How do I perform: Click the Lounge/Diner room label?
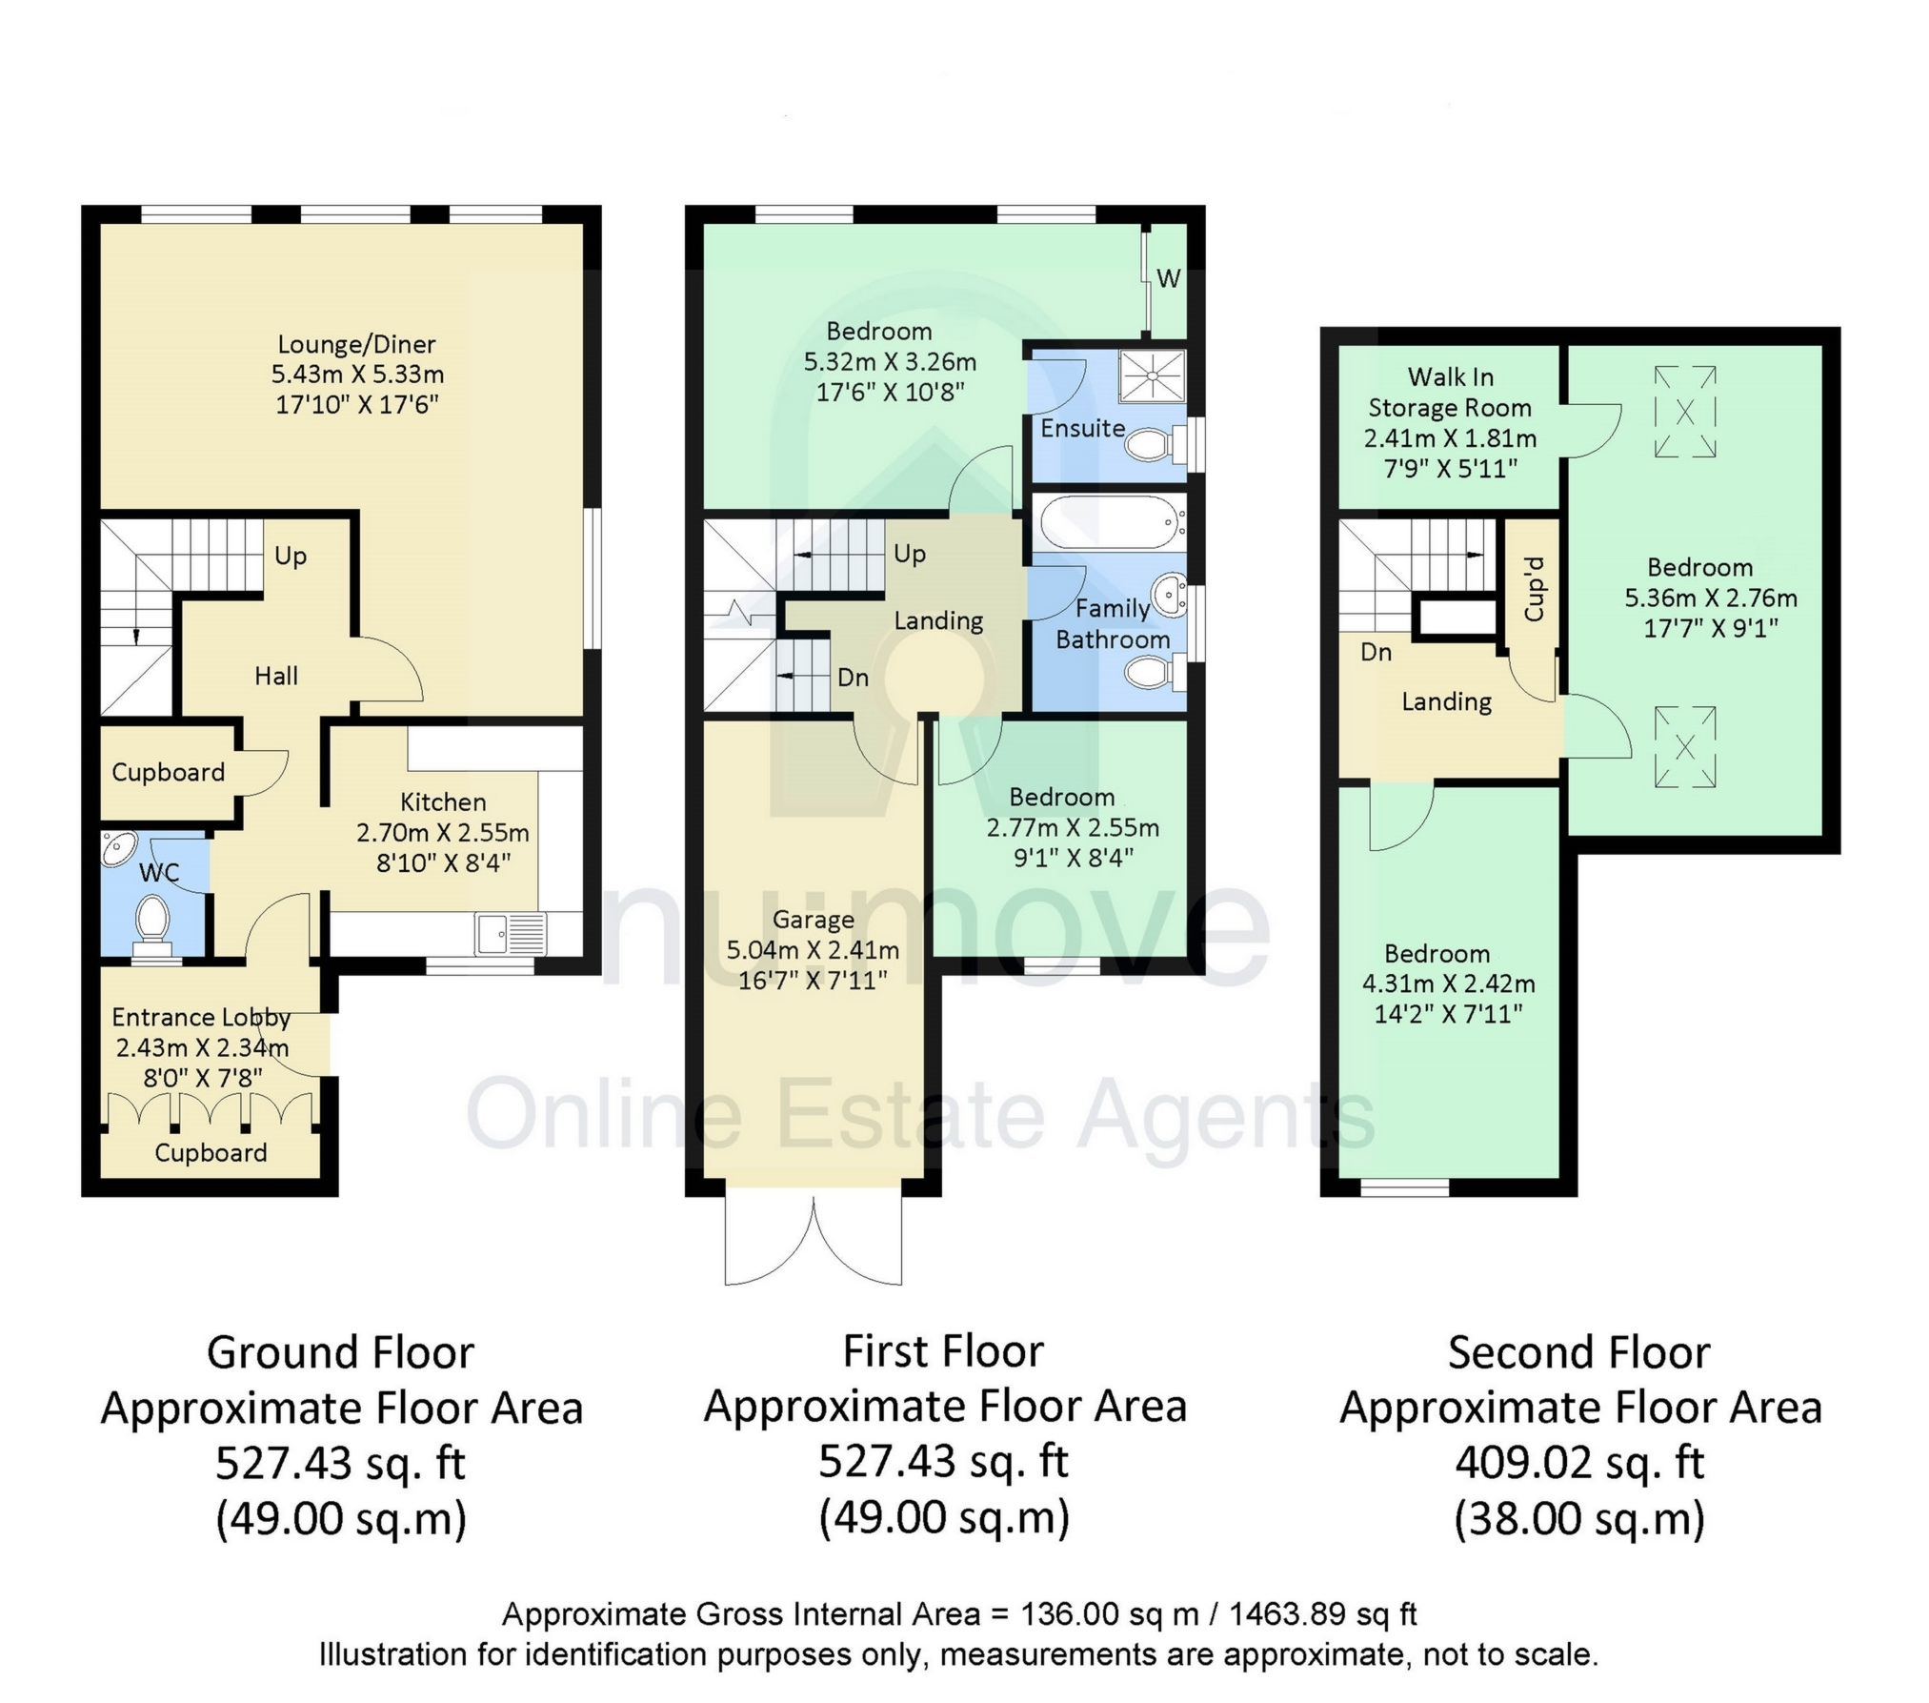356,344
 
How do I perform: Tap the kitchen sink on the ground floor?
511,933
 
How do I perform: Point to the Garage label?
813,920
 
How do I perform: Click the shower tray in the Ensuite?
1152,375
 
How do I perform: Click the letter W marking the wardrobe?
1169,278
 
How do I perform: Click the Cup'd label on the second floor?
1534,588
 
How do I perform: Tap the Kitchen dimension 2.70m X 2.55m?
443,832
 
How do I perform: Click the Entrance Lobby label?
201,1017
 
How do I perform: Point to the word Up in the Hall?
291,556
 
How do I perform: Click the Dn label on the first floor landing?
854,677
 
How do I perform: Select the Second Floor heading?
1579,1352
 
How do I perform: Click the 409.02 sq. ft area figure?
1579,1462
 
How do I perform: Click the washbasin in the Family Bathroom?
1168,596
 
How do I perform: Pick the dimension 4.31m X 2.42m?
1448,983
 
